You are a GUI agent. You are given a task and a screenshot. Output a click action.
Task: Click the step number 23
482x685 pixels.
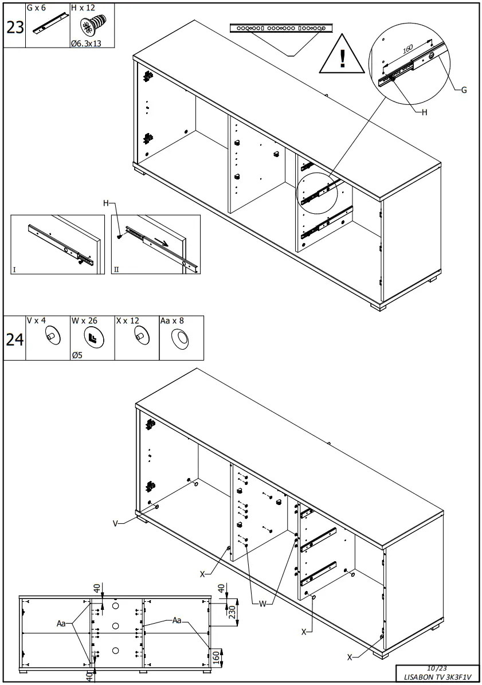tap(14, 27)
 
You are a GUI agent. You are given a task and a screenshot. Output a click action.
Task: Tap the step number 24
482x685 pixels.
tap(14, 340)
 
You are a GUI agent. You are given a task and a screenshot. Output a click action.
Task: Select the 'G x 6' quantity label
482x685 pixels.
tap(36, 8)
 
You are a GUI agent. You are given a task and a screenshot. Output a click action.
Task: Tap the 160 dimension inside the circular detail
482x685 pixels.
tap(407, 50)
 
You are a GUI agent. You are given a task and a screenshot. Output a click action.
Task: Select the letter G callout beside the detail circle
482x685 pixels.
tap(464, 90)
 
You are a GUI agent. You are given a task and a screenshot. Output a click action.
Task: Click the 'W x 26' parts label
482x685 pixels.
tap(83, 321)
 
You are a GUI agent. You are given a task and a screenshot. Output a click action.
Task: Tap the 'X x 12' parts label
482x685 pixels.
tap(127, 321)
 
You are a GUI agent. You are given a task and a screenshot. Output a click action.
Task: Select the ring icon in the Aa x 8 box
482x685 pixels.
tap(181, 340)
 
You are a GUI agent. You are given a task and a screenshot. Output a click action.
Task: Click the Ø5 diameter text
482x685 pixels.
tap(78, 355)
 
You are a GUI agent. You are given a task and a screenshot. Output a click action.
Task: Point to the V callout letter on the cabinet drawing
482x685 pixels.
tap(115, 523)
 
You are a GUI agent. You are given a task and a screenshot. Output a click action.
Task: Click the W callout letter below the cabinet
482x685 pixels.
tap(261, 603)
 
